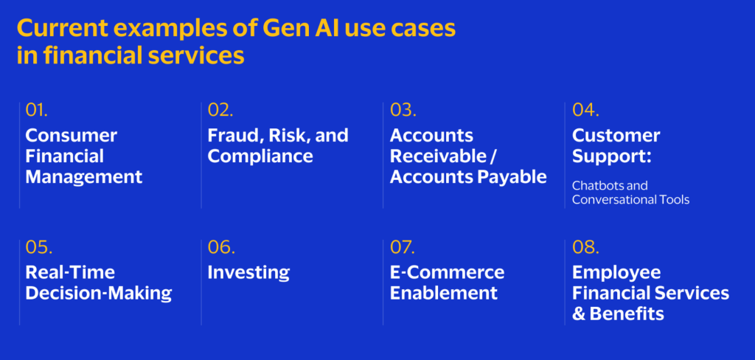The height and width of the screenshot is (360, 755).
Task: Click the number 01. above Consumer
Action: pyautogui.click(x=37, y=110)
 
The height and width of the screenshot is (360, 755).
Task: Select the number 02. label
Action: pyautogui.click(x=220, y=110)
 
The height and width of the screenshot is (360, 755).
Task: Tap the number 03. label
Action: pyautogui.click(x=403, y=110)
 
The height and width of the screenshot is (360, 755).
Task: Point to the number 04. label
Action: pyautogui.click(x=585, y=110)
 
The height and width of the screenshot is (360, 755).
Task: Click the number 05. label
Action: pyautogui.click(x=39, y=247)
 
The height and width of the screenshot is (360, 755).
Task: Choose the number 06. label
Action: pyautogui.click(x=221, y=247)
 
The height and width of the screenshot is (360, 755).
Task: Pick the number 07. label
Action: pyautogui.click(x=403, y=247)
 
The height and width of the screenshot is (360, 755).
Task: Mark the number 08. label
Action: pyautogui.click(x=585, y=247)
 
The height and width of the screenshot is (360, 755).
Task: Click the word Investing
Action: pyautogui.click(x=248, y=273)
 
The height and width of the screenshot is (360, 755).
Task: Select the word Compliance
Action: pyautogui.click(x=260, y=156)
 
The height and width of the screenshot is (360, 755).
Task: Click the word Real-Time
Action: pyautogui.click(x=70, y=273)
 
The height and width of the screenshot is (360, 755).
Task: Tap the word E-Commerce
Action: pyautogui.click(x=448, y=273)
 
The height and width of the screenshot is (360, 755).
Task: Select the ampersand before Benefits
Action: pyautogui.click(x=578, y=315)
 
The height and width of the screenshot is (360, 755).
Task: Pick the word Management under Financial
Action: pyautogui.click(x=84, y=177)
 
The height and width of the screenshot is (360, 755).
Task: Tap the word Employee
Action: pyautogui.click(x=617, y=273)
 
